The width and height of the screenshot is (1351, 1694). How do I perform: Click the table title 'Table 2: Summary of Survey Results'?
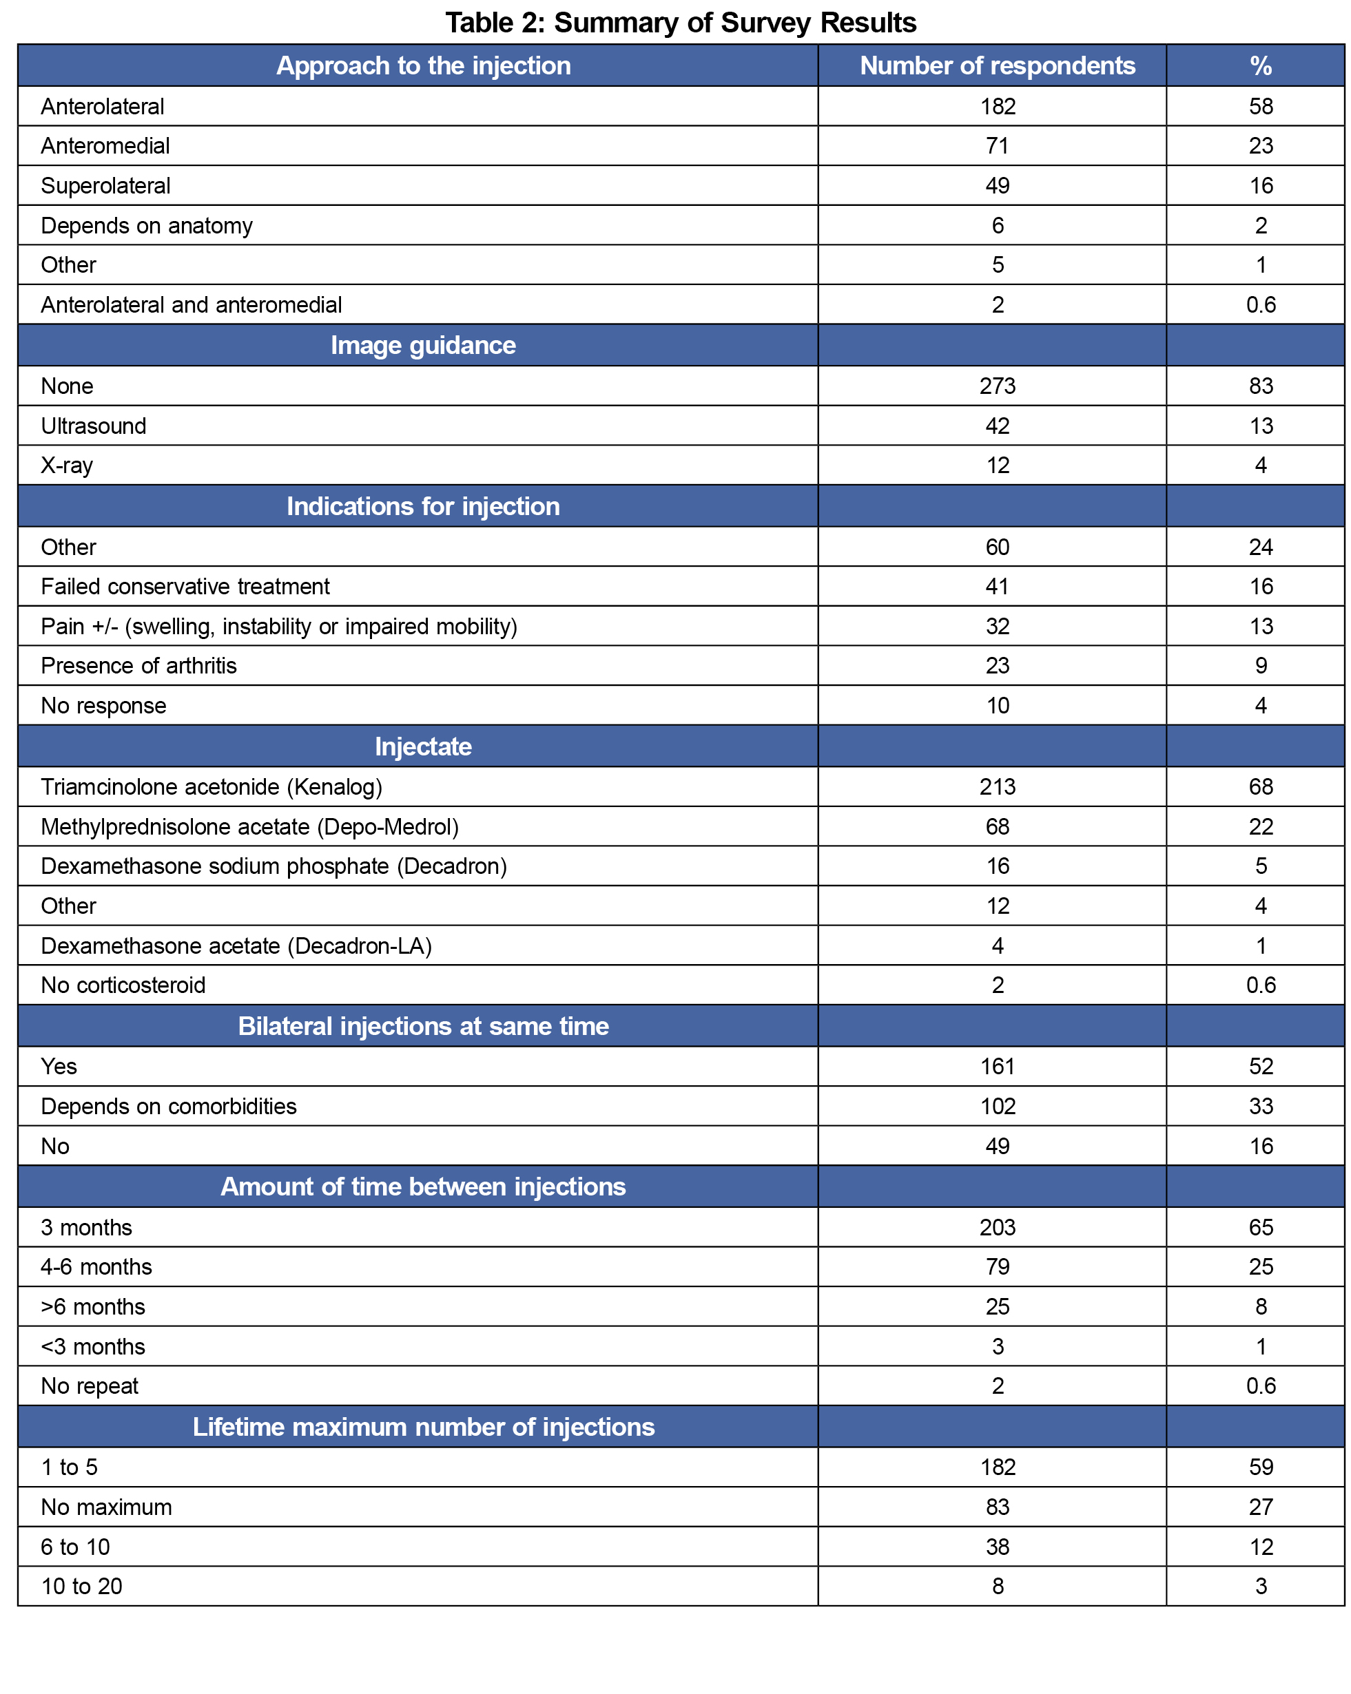click(680, 23)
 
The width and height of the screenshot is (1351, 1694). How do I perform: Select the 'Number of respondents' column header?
click(997, 66)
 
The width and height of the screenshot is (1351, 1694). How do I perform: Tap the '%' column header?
click(1260, 66)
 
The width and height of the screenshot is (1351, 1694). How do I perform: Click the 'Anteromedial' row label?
click(105, 146)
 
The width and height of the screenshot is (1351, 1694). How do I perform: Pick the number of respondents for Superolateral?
click(997, 186)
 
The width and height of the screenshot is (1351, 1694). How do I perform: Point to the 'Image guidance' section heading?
click(423, 346)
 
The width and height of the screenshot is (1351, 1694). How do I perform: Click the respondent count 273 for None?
click(997, 386)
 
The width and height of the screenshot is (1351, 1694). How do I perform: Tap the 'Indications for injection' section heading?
click(423, 507)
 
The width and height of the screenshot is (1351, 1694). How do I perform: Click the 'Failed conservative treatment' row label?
click(185, 587)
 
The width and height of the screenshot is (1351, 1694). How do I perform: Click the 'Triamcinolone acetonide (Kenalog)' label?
click(212, 787)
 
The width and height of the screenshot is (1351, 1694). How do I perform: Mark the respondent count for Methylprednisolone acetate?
click(997, 827)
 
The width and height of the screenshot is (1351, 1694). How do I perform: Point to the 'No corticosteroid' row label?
click(123, 985)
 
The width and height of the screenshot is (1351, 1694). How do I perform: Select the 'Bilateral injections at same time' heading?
click(423, 1026)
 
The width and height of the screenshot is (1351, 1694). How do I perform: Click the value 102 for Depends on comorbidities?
click(997, 1107)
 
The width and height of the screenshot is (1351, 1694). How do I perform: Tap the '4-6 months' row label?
click(96, 1266)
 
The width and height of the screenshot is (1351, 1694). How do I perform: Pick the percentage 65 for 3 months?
click(1260, 1227)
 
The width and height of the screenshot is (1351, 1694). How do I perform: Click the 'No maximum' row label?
click(106, 1507)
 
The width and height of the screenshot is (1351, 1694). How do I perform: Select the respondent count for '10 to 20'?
click(997, 1587)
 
